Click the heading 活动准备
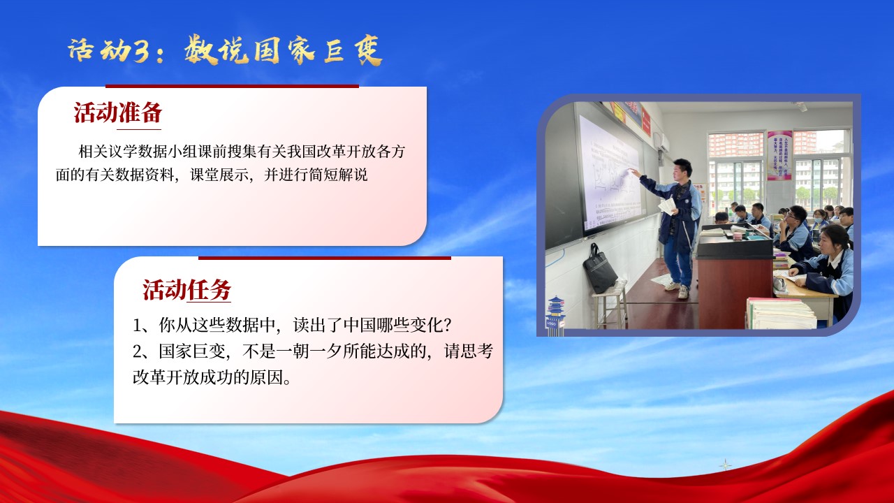(118, 112)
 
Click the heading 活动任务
(186, 289)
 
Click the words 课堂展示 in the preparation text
(219, 175)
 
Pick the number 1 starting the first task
(137, 326)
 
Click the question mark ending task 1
(448, 326)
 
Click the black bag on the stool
(599, 268)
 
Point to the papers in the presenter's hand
(667, 205)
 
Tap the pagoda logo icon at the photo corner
(555, 314)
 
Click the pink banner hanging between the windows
(779, 155)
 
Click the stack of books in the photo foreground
(780, 314)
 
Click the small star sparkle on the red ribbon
(725, 465)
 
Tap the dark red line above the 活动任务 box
(325, 258)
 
